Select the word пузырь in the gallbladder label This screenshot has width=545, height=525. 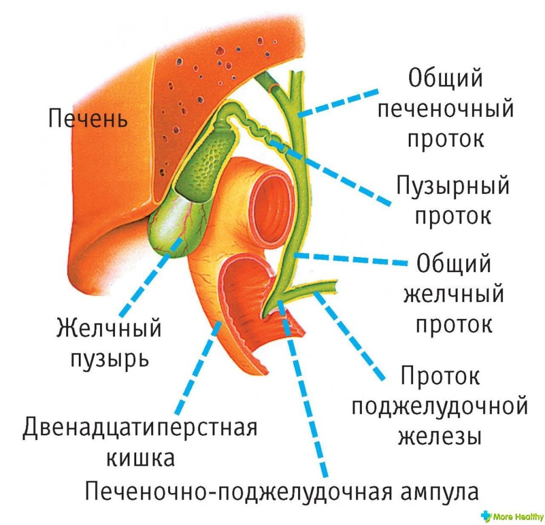(109, 359)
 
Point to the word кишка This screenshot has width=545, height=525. (140, 458)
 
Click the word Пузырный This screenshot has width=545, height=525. (453, 187)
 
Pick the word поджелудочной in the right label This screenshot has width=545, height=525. (440, 407)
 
